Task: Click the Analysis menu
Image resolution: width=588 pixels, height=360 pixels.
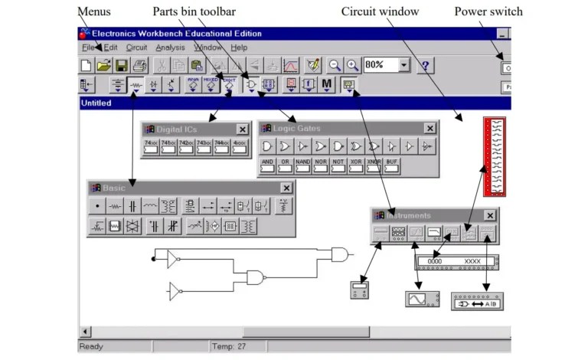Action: tap(170, 47)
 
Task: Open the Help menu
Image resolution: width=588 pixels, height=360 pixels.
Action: tap(239, 47)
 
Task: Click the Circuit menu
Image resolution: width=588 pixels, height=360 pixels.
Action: tap(136, 47)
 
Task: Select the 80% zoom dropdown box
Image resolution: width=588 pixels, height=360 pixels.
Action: tap(387, 65)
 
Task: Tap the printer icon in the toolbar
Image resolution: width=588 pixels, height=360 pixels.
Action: tap(139, 66)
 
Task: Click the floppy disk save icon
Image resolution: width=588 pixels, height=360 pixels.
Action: tap(122, 66)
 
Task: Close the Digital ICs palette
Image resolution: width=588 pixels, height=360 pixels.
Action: tap(242, 129)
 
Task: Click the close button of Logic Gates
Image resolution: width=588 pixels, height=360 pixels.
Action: tap(430, 129)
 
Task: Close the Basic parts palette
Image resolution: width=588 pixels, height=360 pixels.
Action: tap(286, 188)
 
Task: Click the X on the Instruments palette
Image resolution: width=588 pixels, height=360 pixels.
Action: tap(489, 216)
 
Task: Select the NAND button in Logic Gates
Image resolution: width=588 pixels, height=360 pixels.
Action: tap(303, 166)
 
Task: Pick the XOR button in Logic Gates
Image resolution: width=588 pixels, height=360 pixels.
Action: tap(356, 166)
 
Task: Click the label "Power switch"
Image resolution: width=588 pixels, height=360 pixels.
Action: tap(488, 11)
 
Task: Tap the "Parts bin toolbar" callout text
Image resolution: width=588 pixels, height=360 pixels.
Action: tap(194, 11)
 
